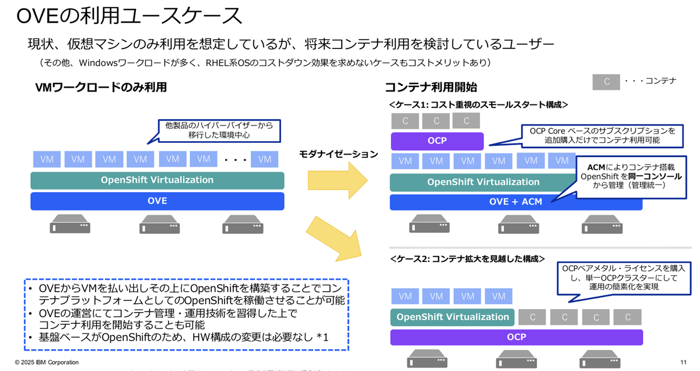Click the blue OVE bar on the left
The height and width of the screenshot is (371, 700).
pos(157,201)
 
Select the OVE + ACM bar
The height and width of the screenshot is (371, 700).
pos(516,201)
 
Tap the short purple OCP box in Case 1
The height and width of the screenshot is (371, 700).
pos(437,141)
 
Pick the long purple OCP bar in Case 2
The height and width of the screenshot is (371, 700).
pos(516,337)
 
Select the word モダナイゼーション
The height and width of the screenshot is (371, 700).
pos(338,154)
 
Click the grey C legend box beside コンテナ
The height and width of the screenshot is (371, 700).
pos(607,82)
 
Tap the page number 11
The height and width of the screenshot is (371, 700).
pos(683,362)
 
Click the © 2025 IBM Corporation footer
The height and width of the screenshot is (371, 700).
pos(47,362)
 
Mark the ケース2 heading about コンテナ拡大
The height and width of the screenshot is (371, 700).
pos(467,258)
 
